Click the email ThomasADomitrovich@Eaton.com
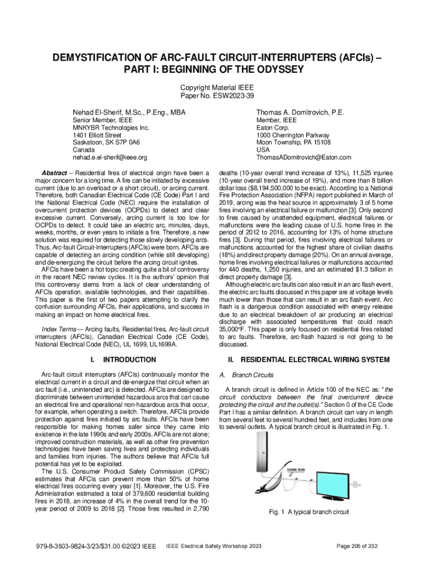[x=304, y=158]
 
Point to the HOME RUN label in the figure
[x=295, y=470]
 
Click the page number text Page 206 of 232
[x=361, y=546]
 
